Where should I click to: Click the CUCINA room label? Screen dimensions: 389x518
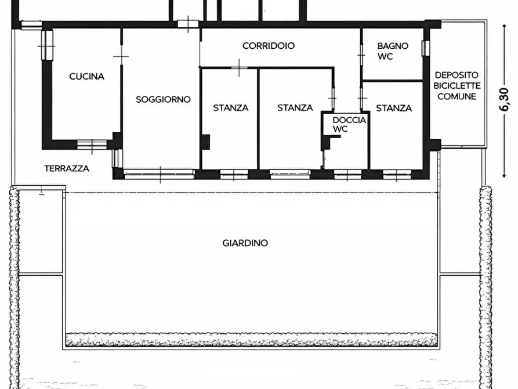tap(86, 76)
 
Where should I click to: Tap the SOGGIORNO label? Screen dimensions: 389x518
tap(163, 99)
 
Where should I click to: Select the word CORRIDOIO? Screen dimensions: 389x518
tap(268, 45)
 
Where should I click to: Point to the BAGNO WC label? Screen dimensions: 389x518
tap(393, 51)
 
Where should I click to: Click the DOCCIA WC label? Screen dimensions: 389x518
tap(349, 124)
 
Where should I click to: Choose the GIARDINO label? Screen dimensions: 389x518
tap(245, 243)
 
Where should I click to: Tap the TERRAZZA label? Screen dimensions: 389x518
tap(67, 168)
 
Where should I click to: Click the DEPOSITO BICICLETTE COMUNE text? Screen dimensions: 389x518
tap(457, 85)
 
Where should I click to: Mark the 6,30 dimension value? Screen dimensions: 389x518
tap(503, 99)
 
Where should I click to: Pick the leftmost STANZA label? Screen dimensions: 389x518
tap(230, 107)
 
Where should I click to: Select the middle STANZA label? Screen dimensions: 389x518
tap(295, 107)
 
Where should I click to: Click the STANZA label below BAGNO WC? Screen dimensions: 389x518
tap(394, 108)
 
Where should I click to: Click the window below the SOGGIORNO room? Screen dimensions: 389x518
tap(159, 173)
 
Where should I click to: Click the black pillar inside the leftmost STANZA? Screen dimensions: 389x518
tap(205, 142)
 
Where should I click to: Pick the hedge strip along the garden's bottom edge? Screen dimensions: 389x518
tap(251, 340)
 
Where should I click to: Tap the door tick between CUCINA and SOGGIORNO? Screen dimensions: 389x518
tap(122, 57)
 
